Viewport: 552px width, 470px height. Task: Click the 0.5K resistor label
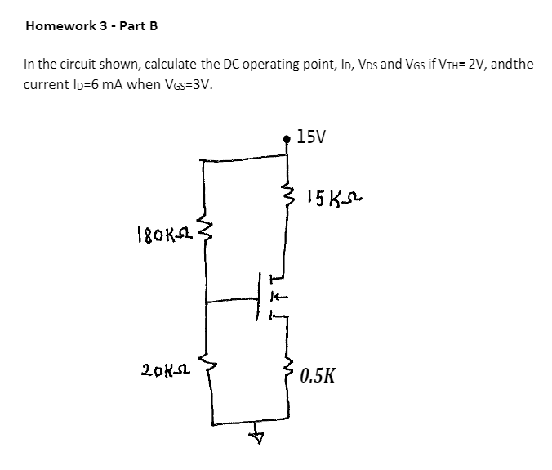tap(316, 376)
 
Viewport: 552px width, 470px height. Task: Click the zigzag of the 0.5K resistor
tap(287, 374)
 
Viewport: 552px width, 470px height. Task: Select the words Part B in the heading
tap(139, 25)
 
